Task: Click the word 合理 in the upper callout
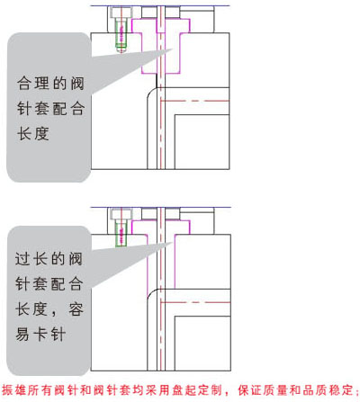tap(32, 84)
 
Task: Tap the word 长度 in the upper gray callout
tap(32, 134)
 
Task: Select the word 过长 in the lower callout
tap(31, 259)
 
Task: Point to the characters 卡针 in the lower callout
tap(49, 335)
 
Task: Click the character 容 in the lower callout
tap(76, 309)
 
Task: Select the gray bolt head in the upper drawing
tap(121, 13)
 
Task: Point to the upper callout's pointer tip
tap(173, 49)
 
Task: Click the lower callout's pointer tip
tap(173, 242)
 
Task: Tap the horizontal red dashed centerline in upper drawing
tap(195, 101)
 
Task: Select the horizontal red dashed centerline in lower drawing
tap(195, 302)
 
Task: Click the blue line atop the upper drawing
tap(160, 5)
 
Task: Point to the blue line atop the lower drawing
tap(161, 207)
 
